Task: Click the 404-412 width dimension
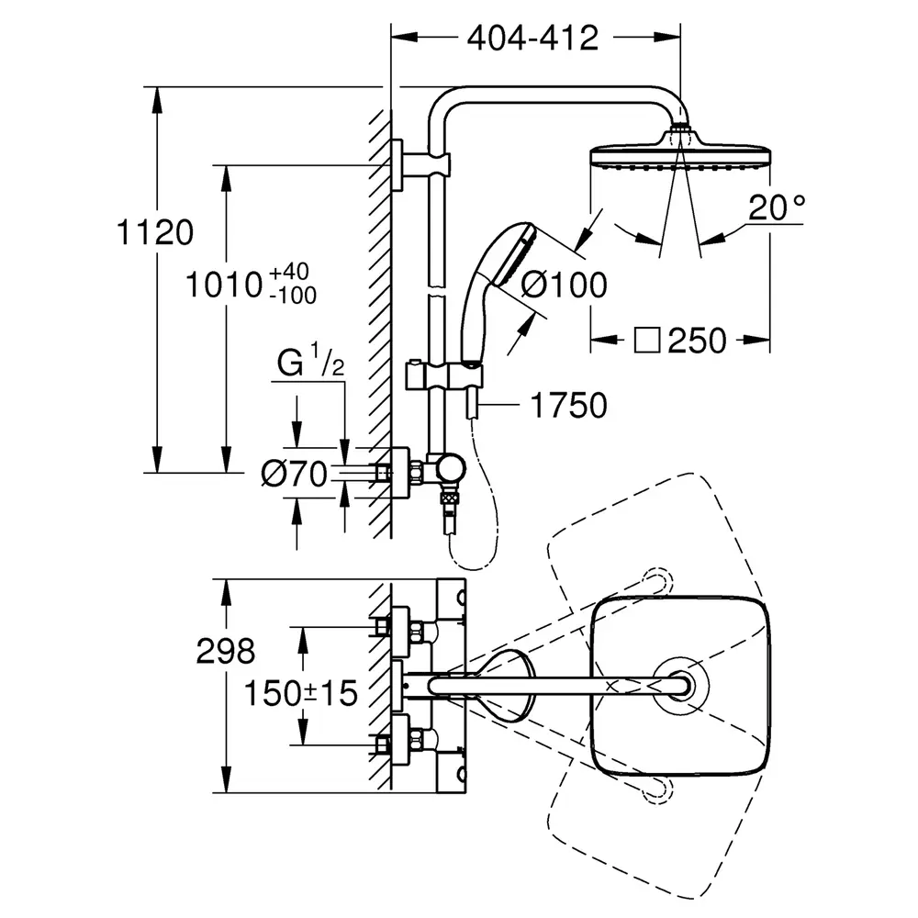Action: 532,38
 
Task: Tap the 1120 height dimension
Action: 156,233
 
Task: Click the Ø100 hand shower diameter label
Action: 564,285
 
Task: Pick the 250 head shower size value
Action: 697,341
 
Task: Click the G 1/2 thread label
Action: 311,364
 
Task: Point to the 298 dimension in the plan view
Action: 226,652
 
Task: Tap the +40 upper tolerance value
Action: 291,273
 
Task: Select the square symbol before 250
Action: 649,341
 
